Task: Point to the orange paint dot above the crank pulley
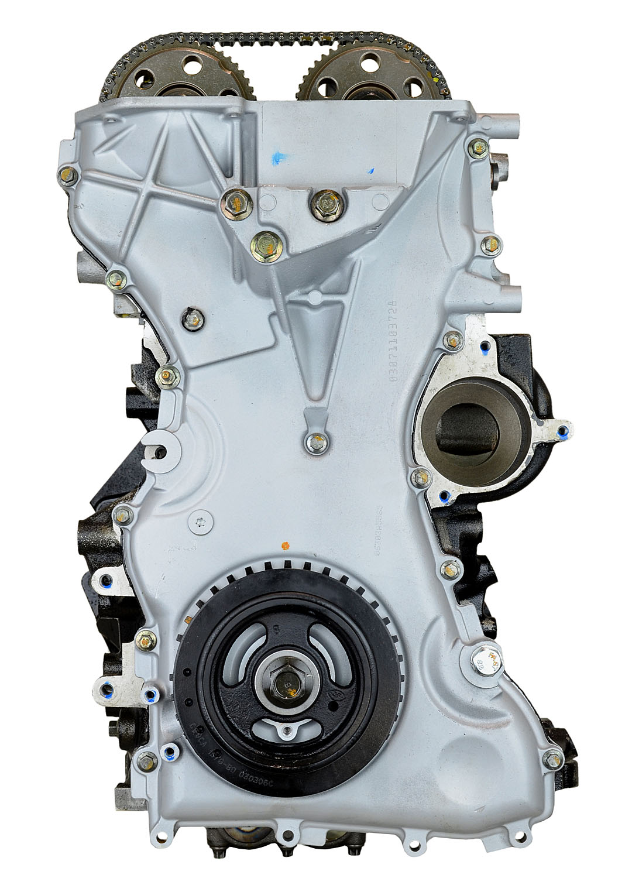pyautogui.click(x=285, y=546)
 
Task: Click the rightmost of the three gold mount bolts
pyautogui.click(x=321, y=203)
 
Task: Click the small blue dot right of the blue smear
pyautogui.click(x=371, y=171)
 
